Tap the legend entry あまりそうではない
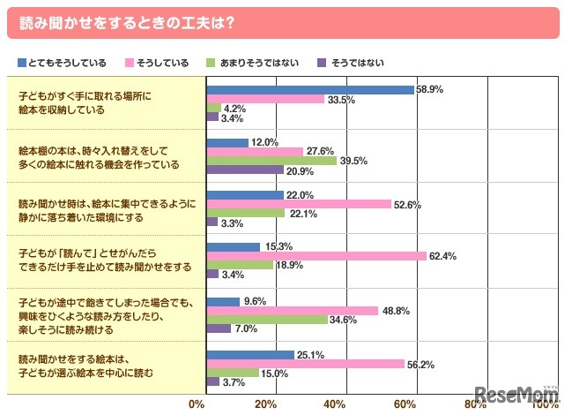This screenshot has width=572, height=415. tap(248, 63)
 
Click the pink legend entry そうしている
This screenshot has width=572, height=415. tap(160, 63)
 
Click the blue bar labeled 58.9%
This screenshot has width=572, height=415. tap(309, 89)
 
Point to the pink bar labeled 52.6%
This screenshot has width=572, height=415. tap(299, 204)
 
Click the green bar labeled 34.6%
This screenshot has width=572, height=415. tap(266, 319)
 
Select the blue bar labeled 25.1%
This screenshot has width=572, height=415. tap(249, 354)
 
